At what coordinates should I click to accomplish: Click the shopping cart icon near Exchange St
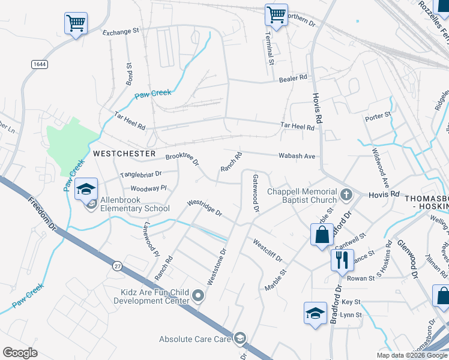pos(76,23)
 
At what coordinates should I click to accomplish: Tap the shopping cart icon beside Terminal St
pos(276,14)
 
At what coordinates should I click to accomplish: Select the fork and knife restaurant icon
pos(342,260)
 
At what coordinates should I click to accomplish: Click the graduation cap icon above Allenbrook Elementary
pos(86,188)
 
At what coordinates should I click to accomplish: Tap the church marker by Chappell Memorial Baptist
pos(346,194)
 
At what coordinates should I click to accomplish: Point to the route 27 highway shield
pos(118,265)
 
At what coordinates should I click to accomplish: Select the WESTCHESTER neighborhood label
pos(124,154)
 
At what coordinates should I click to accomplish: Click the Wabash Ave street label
pos(297,156)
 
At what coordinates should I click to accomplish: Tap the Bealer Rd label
pos(293,78)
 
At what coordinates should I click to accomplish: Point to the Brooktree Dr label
pos(182,159)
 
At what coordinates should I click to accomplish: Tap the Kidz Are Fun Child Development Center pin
pos(199,295)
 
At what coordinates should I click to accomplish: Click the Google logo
pos(20,353)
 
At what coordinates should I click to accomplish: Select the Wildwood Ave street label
pos(381,167)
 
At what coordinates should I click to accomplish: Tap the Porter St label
pos(378,114)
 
